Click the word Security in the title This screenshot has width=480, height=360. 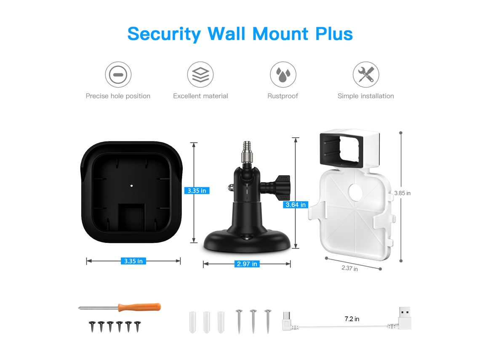point(164,34)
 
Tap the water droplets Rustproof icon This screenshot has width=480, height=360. point(283,75)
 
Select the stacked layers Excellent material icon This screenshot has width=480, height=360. point(200,75)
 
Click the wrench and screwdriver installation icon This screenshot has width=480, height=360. point(366,75)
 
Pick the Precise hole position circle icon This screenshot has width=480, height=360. point(118,75)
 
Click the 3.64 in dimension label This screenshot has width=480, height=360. point(296,205)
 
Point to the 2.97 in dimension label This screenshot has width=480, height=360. point(247,264)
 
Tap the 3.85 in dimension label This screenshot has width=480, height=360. point(402,193)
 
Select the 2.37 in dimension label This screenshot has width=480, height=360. point(349,268)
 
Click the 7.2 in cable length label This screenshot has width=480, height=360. point(352,319)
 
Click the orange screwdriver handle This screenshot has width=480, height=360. point(140,307)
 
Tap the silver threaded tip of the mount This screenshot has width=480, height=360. point(247,152)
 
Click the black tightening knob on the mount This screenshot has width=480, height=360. point(282,187)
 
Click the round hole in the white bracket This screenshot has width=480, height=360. point(355,192)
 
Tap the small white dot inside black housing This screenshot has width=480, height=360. point(132,186)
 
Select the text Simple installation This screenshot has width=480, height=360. point(366,96)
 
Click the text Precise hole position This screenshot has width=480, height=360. point(118,96)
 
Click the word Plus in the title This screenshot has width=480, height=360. point(334,34)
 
